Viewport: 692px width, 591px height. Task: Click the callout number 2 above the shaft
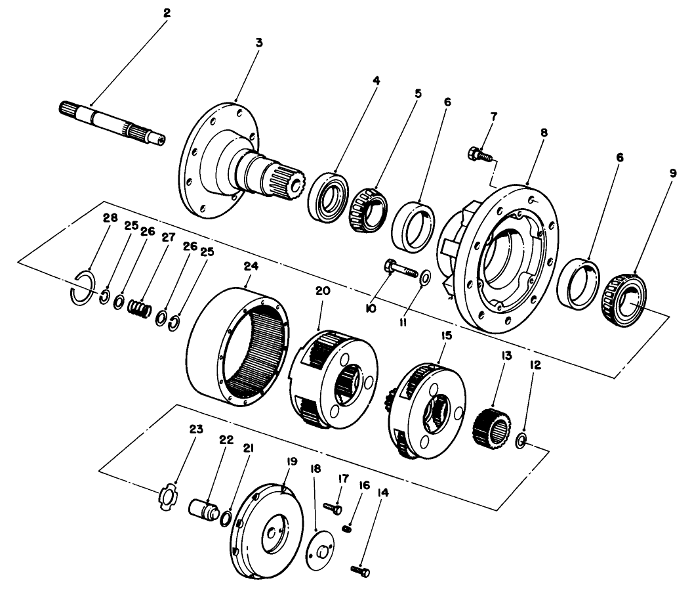[166, 12]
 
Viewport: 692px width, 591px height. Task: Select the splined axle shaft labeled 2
[112, 122]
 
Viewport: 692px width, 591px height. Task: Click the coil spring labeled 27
[139, 307]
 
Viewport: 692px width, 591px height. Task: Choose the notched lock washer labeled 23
[168, 495]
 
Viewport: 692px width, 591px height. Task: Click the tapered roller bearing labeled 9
[624, 297]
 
